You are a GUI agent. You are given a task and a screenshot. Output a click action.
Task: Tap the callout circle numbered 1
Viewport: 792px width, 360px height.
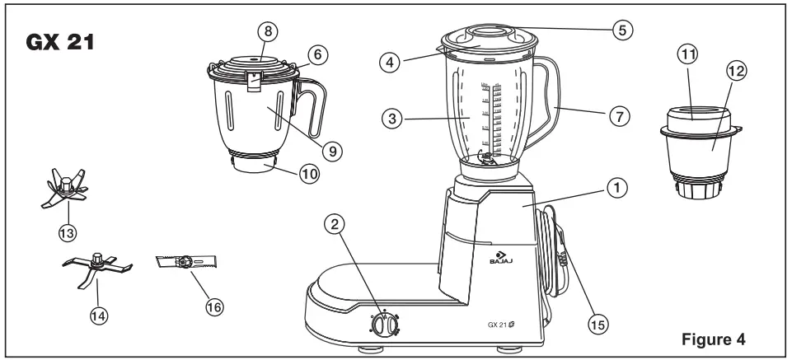[612, 189]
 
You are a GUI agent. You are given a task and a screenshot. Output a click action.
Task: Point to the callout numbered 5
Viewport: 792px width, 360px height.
[623, 29]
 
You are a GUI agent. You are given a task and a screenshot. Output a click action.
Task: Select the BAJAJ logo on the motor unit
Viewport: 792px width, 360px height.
[491, 259]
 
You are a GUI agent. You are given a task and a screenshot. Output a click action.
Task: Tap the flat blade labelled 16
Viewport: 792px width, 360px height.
[186, 262]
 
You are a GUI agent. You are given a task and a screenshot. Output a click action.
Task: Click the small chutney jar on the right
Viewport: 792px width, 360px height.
[697, 147]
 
